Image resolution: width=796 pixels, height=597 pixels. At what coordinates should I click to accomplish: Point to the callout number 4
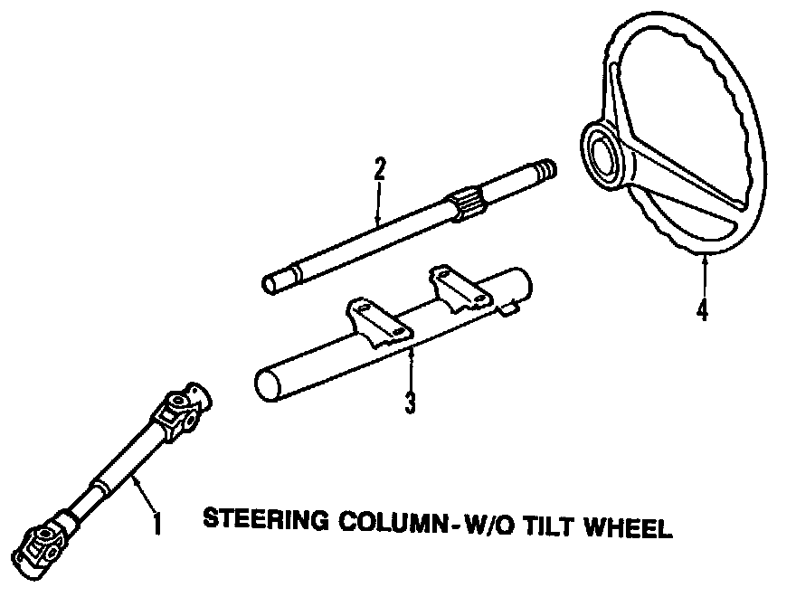(703, 308)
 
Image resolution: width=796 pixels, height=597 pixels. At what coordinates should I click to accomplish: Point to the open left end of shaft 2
(270, 283)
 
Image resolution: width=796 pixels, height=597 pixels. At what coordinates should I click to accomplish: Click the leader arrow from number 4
(704, 276)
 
